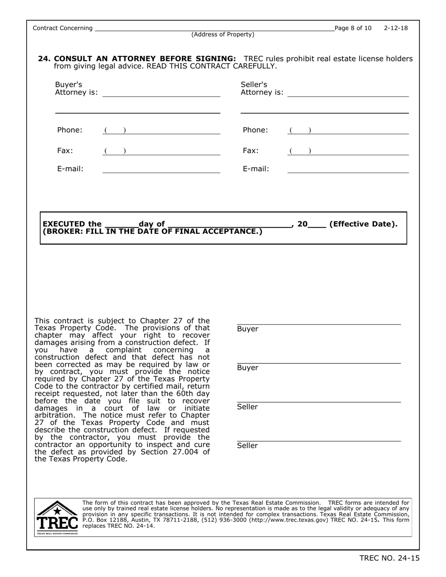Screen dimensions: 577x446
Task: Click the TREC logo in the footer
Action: coord(57,517)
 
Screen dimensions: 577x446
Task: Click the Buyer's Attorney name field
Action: coord(161,93)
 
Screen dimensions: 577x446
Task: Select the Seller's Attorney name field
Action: coord(348,93)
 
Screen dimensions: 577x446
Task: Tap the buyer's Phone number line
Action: coord(161,130)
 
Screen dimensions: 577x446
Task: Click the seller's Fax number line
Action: coord(348,151)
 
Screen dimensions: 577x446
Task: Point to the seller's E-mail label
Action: coord(256,169)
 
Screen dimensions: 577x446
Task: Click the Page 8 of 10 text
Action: coord(353,28)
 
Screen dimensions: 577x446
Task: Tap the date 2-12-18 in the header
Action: coord(396,28)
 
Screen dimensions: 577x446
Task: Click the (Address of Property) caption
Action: coord(223,35)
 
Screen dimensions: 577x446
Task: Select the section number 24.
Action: coord(44,59)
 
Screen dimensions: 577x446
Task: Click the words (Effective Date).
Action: coord(363,224)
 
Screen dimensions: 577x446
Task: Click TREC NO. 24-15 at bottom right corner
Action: coord(389,558)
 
